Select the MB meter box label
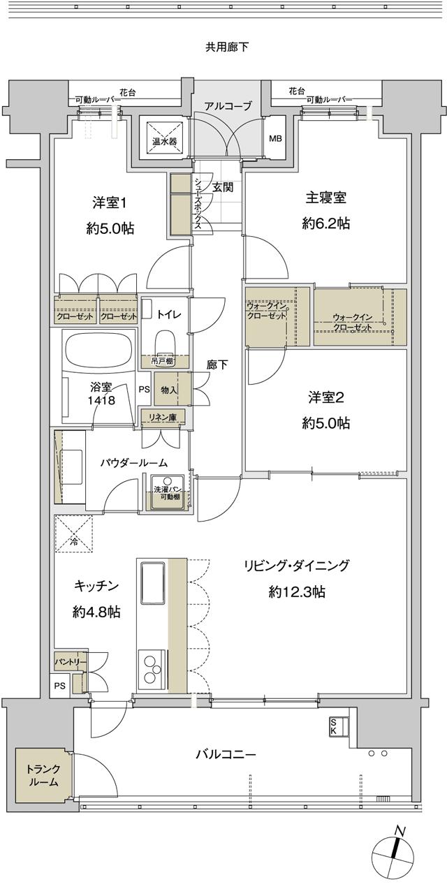point(276,138)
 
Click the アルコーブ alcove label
point(227,107)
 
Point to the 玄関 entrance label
point(223,187)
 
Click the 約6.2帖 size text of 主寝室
point(325,223)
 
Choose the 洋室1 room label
point(110,203)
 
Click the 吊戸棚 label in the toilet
point(165,362)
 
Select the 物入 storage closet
point(168,390)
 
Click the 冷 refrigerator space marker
point(73,534)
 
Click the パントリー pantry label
point(71,661)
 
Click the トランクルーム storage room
point(43,776)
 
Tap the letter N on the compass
point(400,830)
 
